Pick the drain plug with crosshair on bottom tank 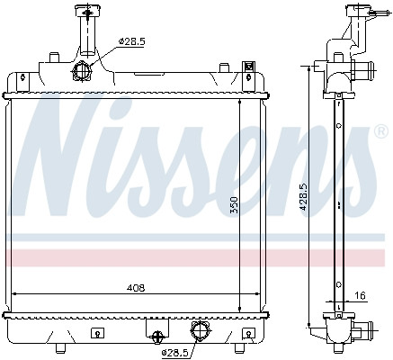[x=158, y=336]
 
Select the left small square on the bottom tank [x=96, y=331]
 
